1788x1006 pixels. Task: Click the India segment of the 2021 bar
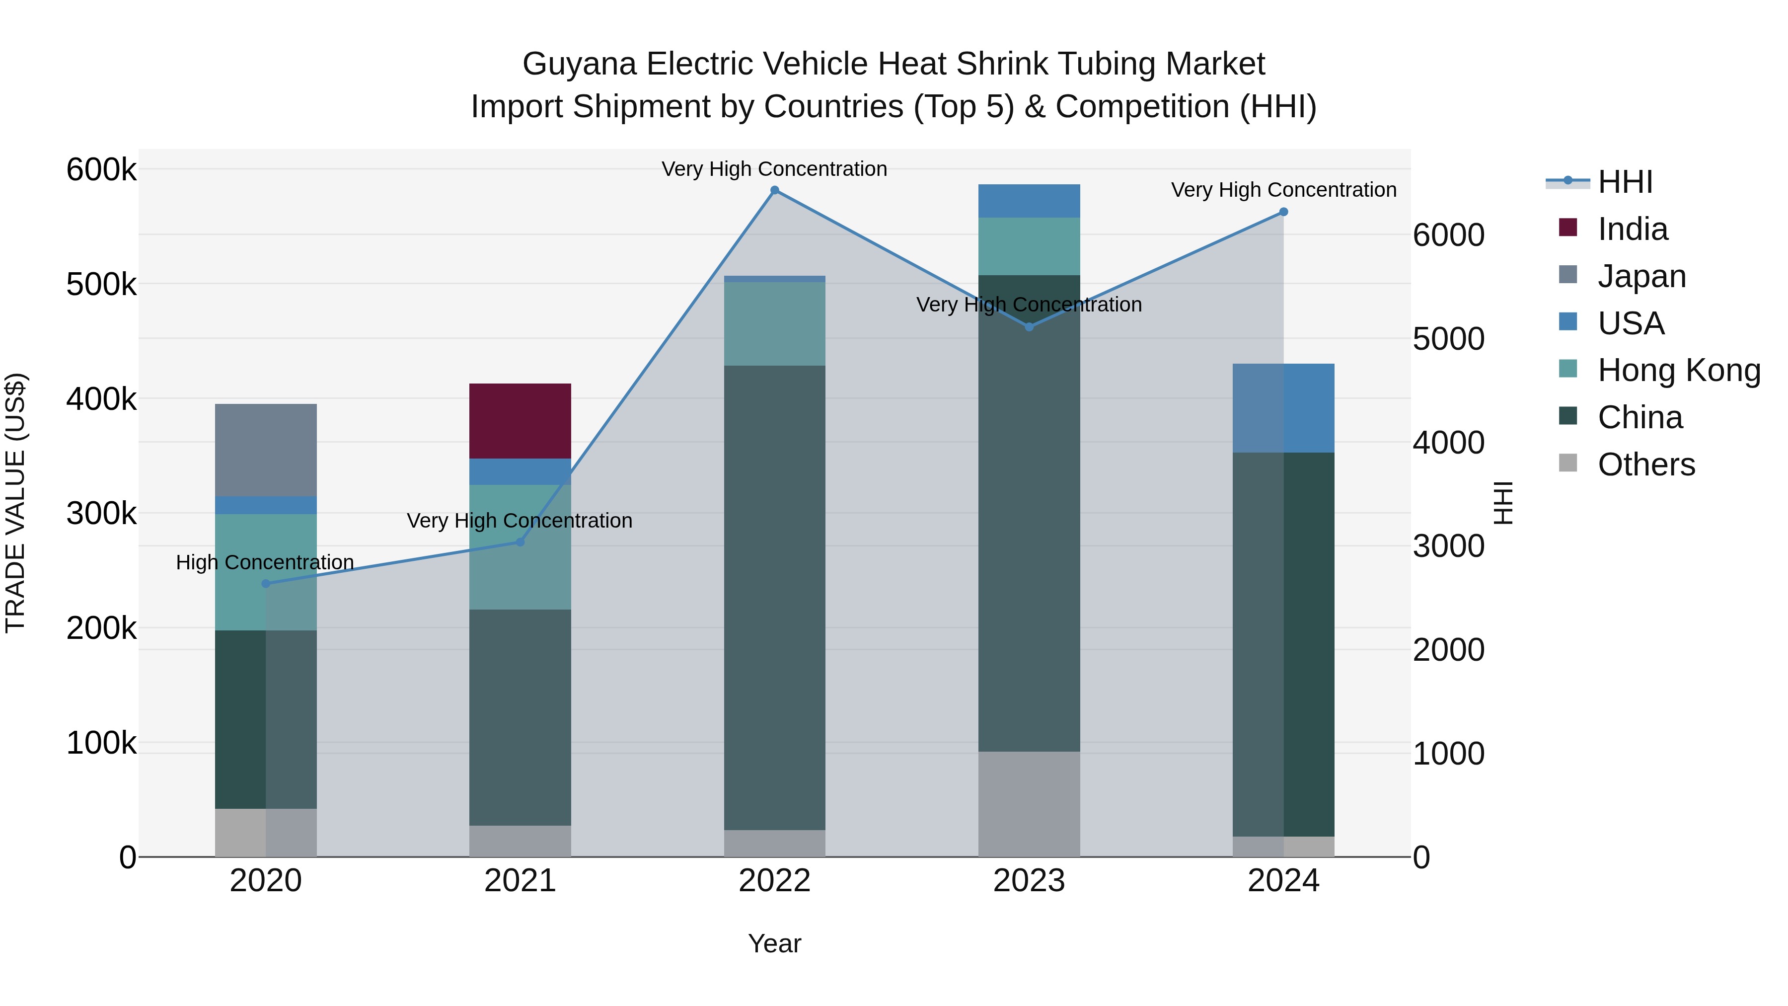[520, 421]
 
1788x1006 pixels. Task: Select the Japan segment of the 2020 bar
[266, 450]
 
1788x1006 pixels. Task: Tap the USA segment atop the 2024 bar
[1283, 408]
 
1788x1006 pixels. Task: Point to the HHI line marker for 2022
[775, 190]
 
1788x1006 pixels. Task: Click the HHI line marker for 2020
[266, 584]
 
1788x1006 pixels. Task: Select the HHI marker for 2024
[1283, 212]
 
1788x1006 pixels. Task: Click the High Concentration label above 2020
[265, 562]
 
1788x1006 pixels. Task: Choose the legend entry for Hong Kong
[1678, 371]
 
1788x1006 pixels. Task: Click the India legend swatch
[1568, 228]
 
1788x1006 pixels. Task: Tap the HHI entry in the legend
[1624, 182]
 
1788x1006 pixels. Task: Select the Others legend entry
[1646, 464]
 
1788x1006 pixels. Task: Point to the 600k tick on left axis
[101, 170]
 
